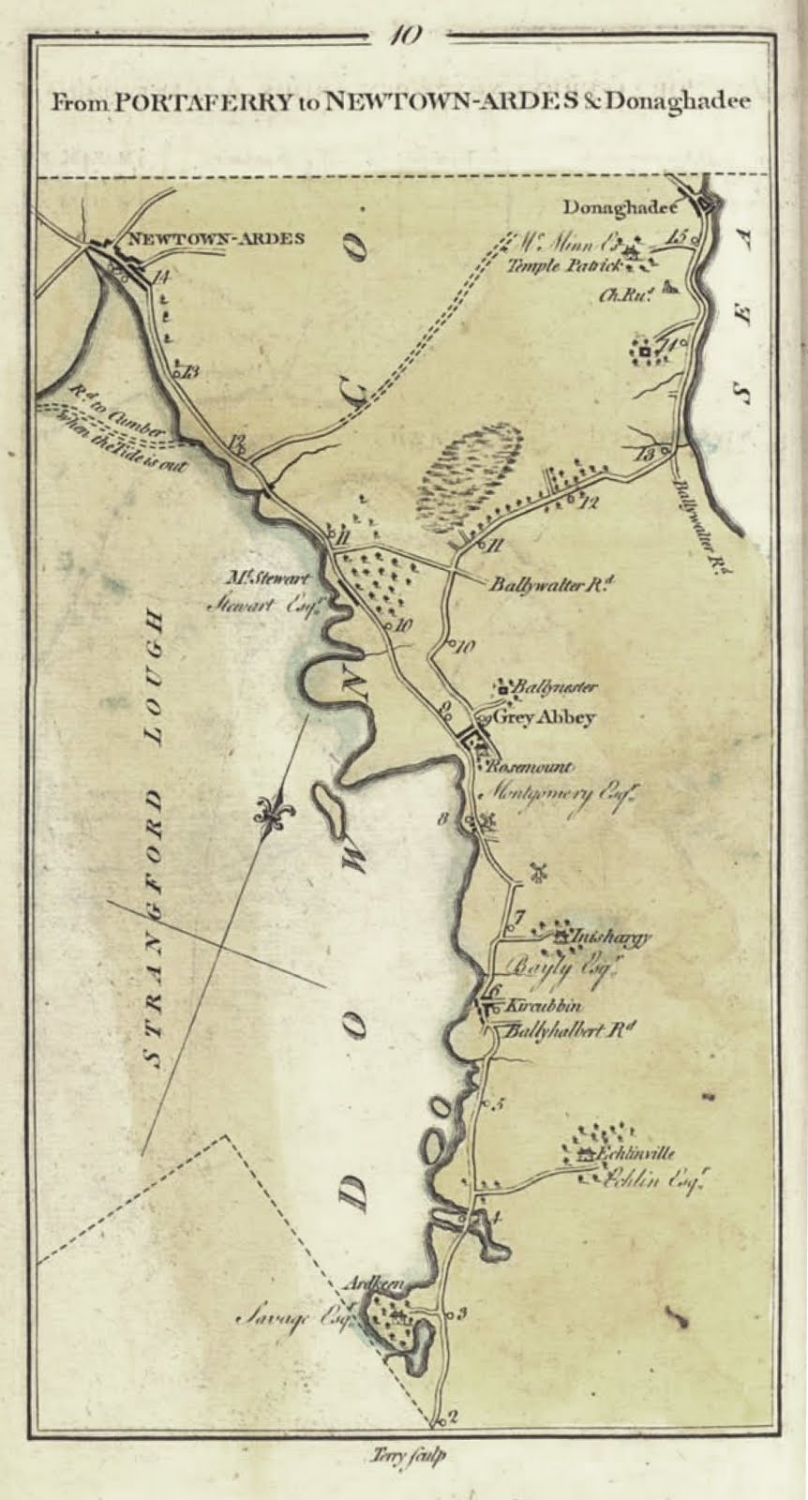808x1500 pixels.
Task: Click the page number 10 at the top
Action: point(406,35)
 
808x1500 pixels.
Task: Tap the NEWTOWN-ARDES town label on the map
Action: point(215,238)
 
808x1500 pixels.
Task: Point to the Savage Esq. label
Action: point(287,1319)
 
